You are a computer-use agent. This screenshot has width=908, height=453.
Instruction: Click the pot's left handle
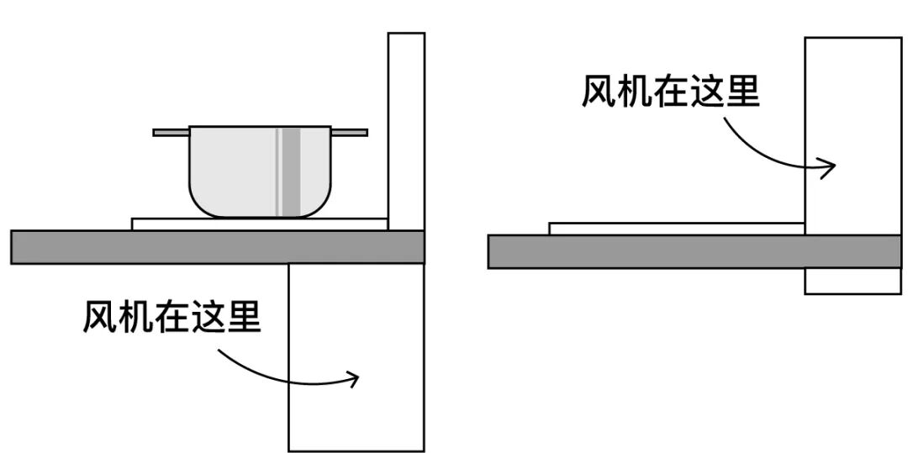[x=171, y=132]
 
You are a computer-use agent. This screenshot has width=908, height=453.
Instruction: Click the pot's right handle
[x=350, y=132]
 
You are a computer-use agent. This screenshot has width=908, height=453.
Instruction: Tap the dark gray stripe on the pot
[x=291, y=172]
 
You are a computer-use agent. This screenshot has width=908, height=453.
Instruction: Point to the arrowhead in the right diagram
[x=830, y=166]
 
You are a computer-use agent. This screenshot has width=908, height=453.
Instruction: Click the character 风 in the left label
[x=99, y=317]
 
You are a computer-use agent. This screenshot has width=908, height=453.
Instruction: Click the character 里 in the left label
[x=244, y=317]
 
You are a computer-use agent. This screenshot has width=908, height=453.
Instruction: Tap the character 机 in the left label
[x=135, y=317]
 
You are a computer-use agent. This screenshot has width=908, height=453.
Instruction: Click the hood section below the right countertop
[x=853, y=281]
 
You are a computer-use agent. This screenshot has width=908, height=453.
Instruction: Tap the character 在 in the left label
[x=172, y=317]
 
